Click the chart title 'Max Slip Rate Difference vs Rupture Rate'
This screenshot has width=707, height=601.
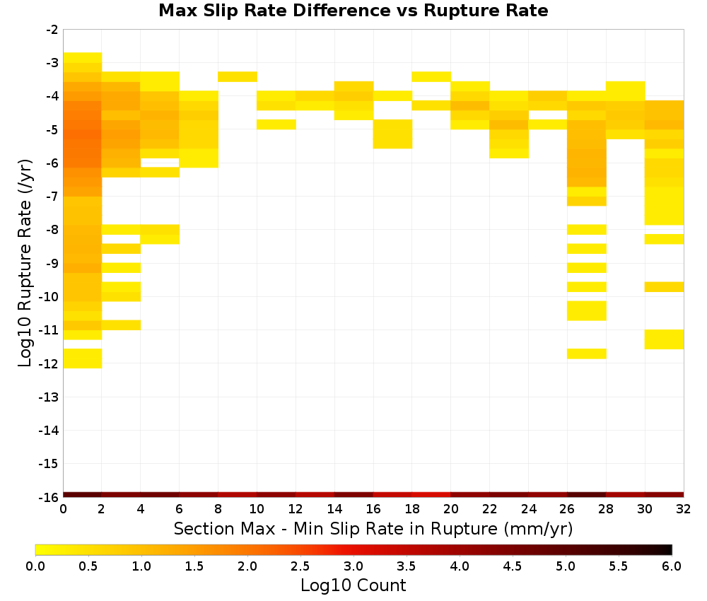(x=353, y=11)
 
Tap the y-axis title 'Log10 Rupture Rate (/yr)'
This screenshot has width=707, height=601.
(x=25, y=263)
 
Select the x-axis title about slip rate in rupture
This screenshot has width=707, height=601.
(x=373, y=528)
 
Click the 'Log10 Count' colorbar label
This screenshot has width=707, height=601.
(x=353, y=585)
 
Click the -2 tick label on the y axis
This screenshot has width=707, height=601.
(x=52, y=30)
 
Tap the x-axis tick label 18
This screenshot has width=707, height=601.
(x=412, y=509)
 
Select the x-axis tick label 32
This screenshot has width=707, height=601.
(x=684, y=509)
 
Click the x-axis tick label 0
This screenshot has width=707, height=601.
(x=63, y=509)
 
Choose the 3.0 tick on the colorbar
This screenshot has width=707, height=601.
(x=353, y=566)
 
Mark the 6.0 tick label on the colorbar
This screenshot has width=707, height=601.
(x=672, y=566)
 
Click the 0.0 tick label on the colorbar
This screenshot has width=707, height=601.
(x=35, y=566)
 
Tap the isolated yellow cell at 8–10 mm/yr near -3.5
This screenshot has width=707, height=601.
(x=238, y=76)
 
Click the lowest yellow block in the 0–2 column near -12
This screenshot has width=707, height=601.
(x=83, y=358)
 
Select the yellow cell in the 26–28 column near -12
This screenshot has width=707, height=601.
(x=587, y=354)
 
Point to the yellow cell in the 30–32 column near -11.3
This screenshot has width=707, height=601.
(x=664, y=339)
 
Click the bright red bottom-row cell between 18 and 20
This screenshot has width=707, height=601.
(x=431, y=495)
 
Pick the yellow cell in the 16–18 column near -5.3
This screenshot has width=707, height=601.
(x=392, y=134)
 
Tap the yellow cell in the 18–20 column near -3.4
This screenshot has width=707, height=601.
(x=431, y=76)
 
